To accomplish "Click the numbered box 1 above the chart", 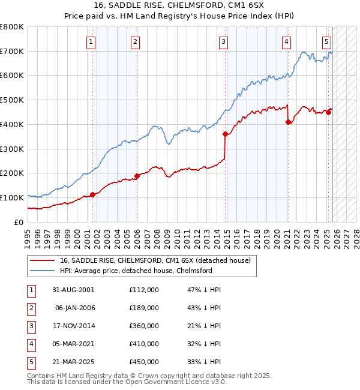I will (x=91, y=42).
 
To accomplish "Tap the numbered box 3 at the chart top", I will (x=223, y=42).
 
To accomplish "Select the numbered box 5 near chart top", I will (x=326, y=42).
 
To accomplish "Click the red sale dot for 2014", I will (x=226, y=134).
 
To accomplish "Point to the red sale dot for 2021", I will (x=289, y=122).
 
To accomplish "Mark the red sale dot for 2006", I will (x=137, y=176).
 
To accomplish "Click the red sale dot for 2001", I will (x=93, y=194).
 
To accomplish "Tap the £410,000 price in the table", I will (x=143, y=344).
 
